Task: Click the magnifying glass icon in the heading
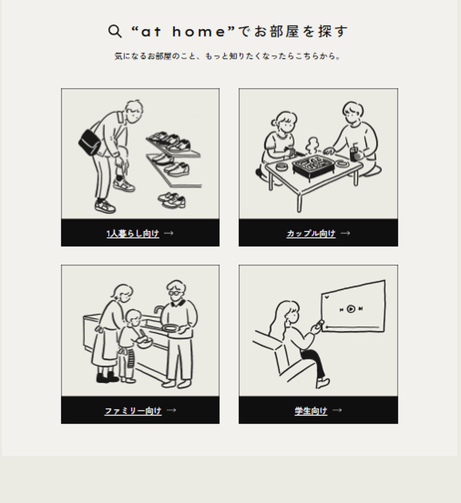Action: (x=115, y=31)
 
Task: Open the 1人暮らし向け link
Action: (x=133, y=233)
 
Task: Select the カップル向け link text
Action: (x=311, y=233)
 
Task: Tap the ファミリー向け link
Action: (x=133, y=411)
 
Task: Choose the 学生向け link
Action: (x=311, y=411)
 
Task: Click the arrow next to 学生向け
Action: (x=337, y=410)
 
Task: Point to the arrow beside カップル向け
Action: (x=345, y=233)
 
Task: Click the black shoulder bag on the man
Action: (x=90, y=142)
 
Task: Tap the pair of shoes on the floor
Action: (x=172, y=200)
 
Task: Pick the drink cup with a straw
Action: (x=355, y=153)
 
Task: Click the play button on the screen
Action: (x=351, y=309)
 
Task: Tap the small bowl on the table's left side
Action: (x=282, y=166)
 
